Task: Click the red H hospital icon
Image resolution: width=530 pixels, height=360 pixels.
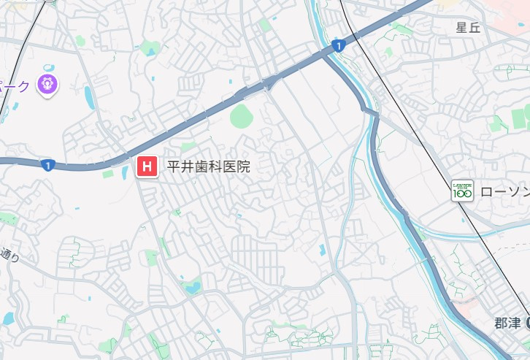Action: (146, 167)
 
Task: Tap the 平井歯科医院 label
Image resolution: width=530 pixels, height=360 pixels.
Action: (209, 167)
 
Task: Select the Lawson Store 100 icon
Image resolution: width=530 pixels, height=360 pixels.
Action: (462, 191)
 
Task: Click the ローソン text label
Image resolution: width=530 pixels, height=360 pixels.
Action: (505, 191)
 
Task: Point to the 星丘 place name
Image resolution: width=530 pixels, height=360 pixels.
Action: (469, 28)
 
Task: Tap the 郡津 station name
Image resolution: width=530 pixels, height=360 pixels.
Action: (506, 323)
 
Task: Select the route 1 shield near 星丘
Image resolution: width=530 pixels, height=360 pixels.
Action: (337, 46)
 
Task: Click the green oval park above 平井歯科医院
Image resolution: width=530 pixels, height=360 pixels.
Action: (241, 115)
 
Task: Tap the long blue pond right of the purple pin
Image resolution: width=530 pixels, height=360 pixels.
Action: (88, 96)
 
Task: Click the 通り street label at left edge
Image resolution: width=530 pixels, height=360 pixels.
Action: (9, 255)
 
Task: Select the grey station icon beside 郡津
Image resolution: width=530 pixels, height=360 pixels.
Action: (526, 323)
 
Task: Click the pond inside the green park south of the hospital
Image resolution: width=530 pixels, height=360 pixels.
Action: (192, 288)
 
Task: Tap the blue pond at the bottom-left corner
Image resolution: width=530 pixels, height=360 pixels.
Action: (8, 318)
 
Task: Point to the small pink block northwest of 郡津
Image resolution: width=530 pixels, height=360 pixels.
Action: (465, 302)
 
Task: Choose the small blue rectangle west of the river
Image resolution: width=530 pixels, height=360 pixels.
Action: (322, 250)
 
